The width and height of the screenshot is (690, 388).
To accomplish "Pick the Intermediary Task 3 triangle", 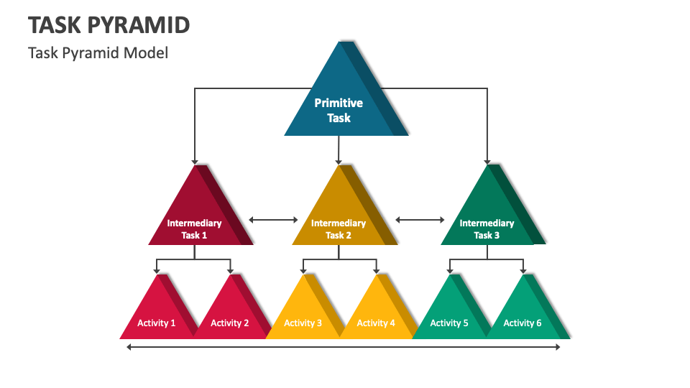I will tap(487, 219).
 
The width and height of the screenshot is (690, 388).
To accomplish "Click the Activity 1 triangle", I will tap(157, 316).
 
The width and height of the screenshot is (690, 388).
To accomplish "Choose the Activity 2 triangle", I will tap(230, 316).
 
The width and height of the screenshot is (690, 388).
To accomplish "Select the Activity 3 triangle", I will tap(303, 316).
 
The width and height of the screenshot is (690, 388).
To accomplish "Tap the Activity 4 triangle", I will tap(376, 316).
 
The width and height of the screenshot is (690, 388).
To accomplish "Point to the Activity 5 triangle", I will tap(449, 316).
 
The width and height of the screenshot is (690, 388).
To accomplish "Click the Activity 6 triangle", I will tap(523, 316).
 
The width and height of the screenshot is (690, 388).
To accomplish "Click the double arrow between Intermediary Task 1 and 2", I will tap(273, 220).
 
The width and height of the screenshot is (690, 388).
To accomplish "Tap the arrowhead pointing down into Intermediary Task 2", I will tap(338, 160).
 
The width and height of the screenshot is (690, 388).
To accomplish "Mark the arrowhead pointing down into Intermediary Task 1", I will tap(194, 160).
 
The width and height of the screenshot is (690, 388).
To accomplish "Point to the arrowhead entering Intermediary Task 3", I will tap(487, 160).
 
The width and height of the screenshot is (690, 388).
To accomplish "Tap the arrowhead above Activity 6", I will tap(523, 270).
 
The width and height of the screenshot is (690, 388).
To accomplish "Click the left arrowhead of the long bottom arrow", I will tap(129, 348).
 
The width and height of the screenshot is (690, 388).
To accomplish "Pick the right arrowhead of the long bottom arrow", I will tap(557, 348).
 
